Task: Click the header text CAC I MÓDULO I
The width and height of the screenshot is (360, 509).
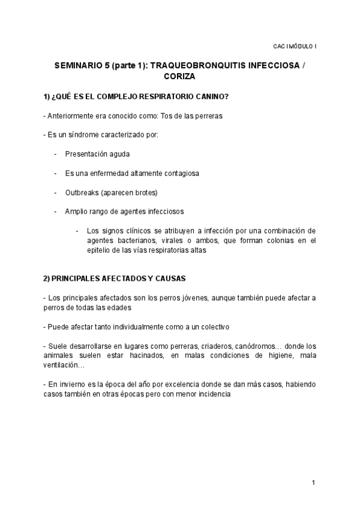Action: [x=295, y=46]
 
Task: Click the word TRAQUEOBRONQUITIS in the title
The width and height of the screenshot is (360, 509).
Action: [x=203, y=65]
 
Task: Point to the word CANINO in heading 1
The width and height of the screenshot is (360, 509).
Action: [x=210, y=97]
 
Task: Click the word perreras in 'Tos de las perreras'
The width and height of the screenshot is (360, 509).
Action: [x=208, y=116]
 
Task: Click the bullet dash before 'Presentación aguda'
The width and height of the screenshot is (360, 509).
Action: [x=55, y=154]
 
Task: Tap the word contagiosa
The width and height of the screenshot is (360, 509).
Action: [x=182, y=173]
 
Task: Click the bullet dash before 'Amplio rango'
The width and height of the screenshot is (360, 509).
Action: [x=55, y=211]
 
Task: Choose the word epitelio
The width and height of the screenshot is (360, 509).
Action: [x=99, y=251]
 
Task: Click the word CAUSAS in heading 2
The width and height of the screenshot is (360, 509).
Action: [x=169, y=279]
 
